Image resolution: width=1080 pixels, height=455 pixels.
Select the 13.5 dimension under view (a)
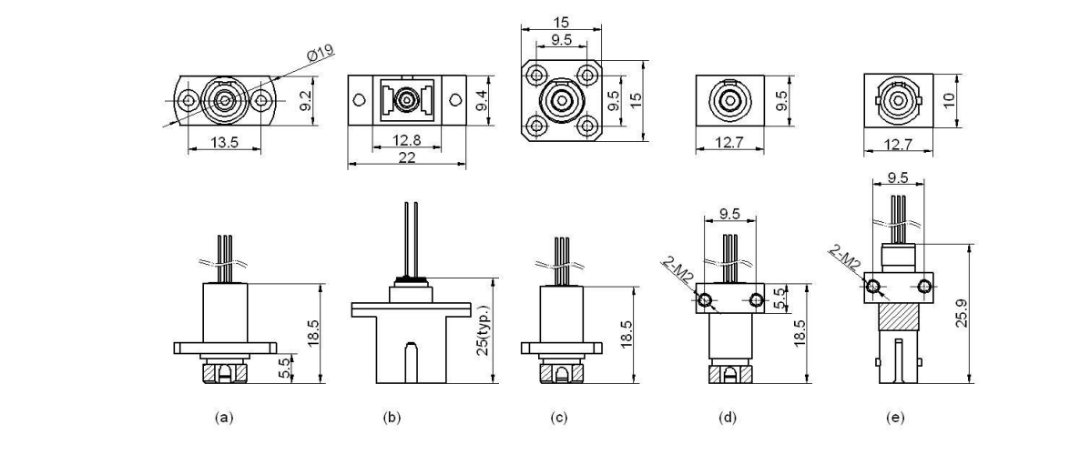224,142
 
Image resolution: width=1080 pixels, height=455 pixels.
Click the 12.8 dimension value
406,141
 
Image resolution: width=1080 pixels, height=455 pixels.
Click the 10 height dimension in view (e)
950,99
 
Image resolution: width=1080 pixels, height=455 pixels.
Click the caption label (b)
392,418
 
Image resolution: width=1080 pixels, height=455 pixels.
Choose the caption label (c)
559,418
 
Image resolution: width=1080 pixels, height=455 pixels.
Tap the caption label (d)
728,418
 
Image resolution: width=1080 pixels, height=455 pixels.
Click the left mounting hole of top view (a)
188,99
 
